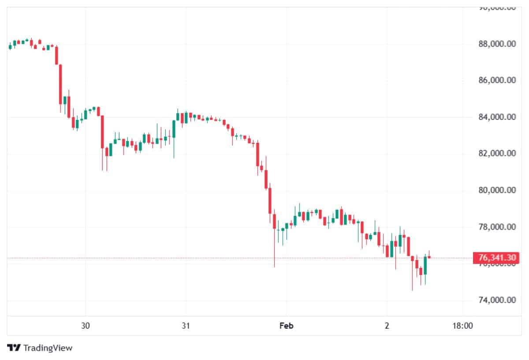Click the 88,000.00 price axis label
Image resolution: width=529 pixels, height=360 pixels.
pyautogui.click(x=497, y=44)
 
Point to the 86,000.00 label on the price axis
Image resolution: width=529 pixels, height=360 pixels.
pyautogui.click(x=497, y=80)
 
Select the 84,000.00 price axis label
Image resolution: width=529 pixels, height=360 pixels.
pyautogui.click(x=497, y=117)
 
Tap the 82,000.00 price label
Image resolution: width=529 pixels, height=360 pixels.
pyautogui.click(x=497, y=154)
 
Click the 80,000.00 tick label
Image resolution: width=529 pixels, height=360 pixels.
pyautogui.click(x=497, y=190)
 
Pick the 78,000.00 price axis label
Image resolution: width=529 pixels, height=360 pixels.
pyautogui.click(x=497, y=227)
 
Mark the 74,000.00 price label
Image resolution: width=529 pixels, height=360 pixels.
pyautogui.click(x=497, y=301)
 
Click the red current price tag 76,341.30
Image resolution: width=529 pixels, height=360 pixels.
pyautogui.click(x=494, y=258)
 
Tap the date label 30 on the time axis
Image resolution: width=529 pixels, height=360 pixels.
pyautogui.click(x=86, y=326)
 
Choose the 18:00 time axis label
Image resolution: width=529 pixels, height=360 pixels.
pyautogui.click(x=462, y=326)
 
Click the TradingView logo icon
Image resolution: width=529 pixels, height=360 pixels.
pyautogui.click(x=14, y=348)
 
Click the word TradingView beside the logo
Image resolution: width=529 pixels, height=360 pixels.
pyautogui.click(x=48, y=348)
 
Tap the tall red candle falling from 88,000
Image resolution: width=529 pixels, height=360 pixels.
pyautogui.click(x=61, y=84)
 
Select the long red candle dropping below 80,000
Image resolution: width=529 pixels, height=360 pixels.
pyautogui.click(x=270, y=200)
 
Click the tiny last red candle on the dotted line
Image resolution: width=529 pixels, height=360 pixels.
pyautogui.click(x=429, y=257)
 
